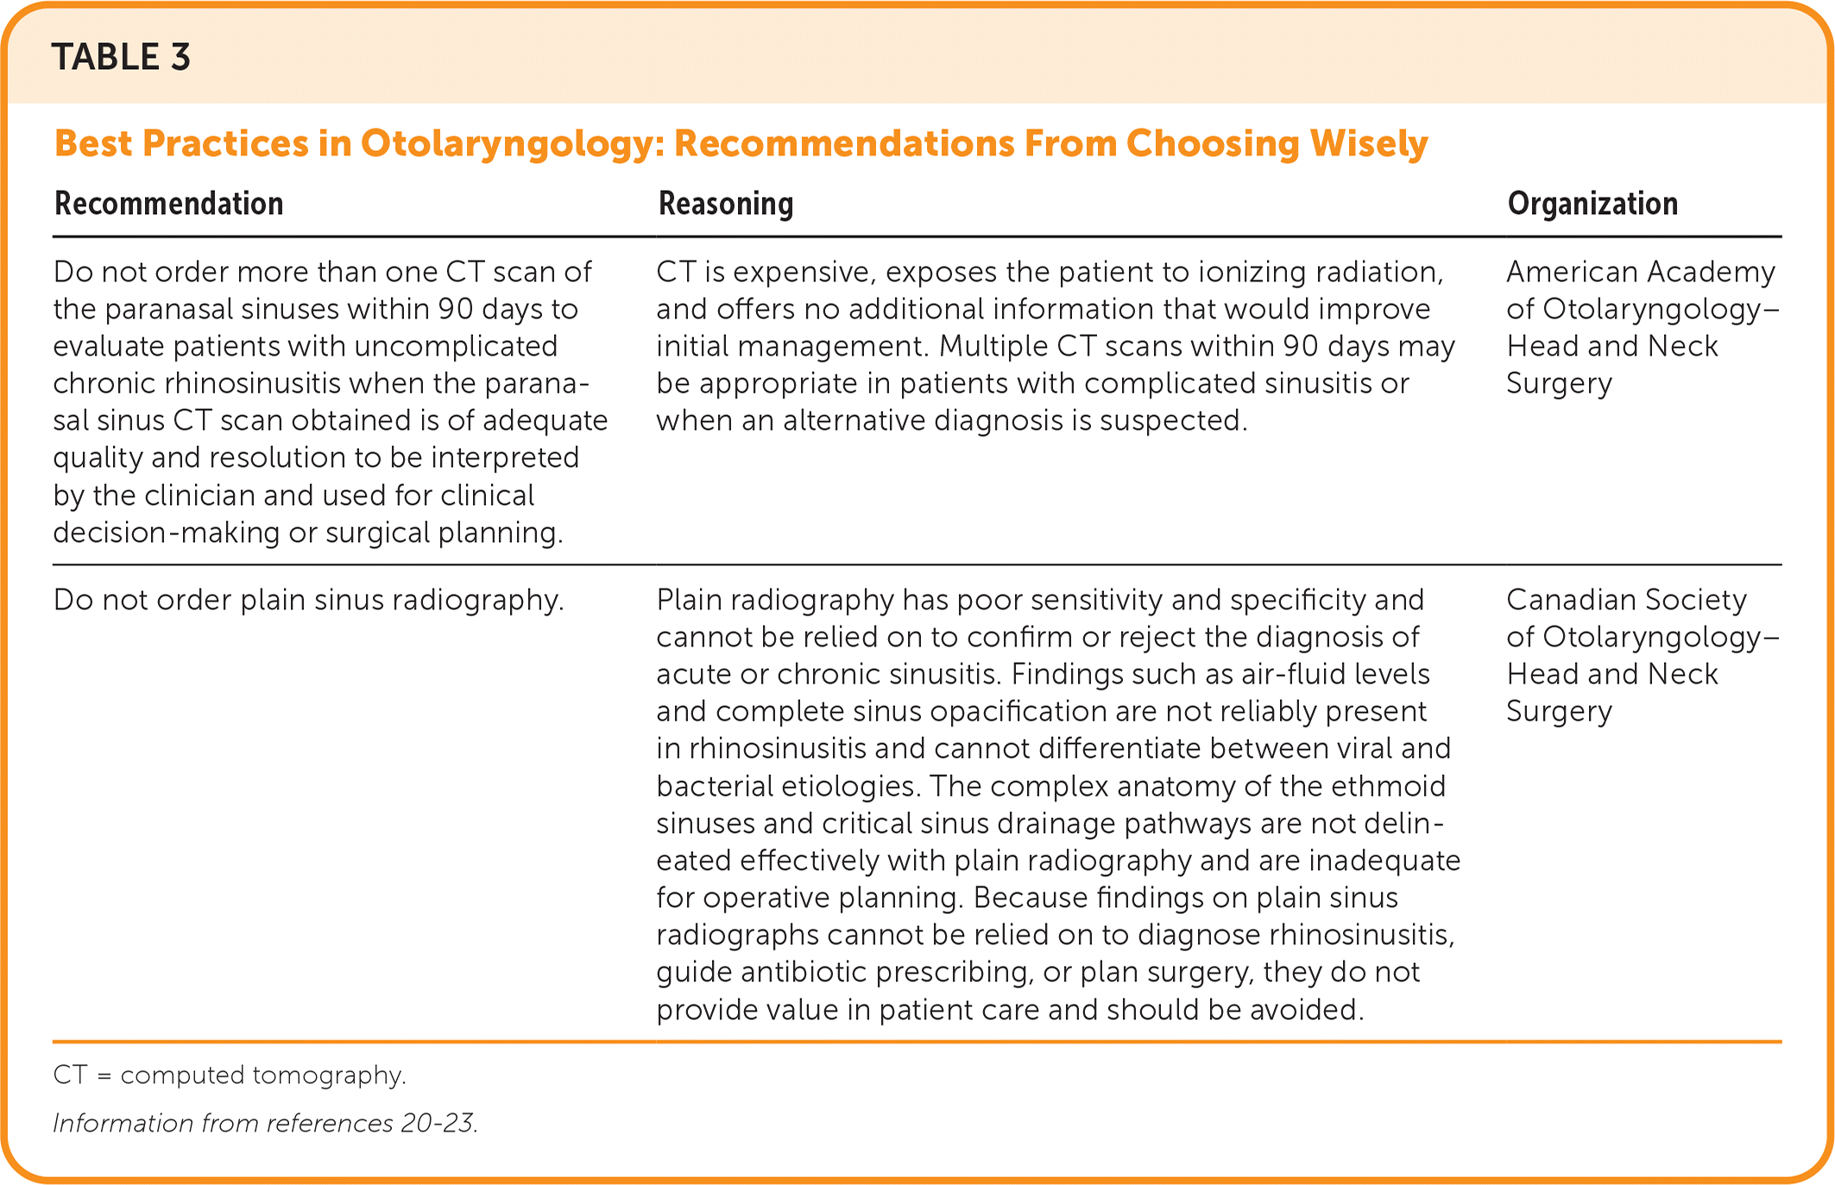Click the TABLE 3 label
tap(121, 57)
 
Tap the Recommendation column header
tap(169, 204)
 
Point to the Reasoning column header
tap(726, 204)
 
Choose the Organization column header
tap(1592, 204)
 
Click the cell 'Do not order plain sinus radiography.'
tap(309, 600)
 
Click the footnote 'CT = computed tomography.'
tap(230, 1075)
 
